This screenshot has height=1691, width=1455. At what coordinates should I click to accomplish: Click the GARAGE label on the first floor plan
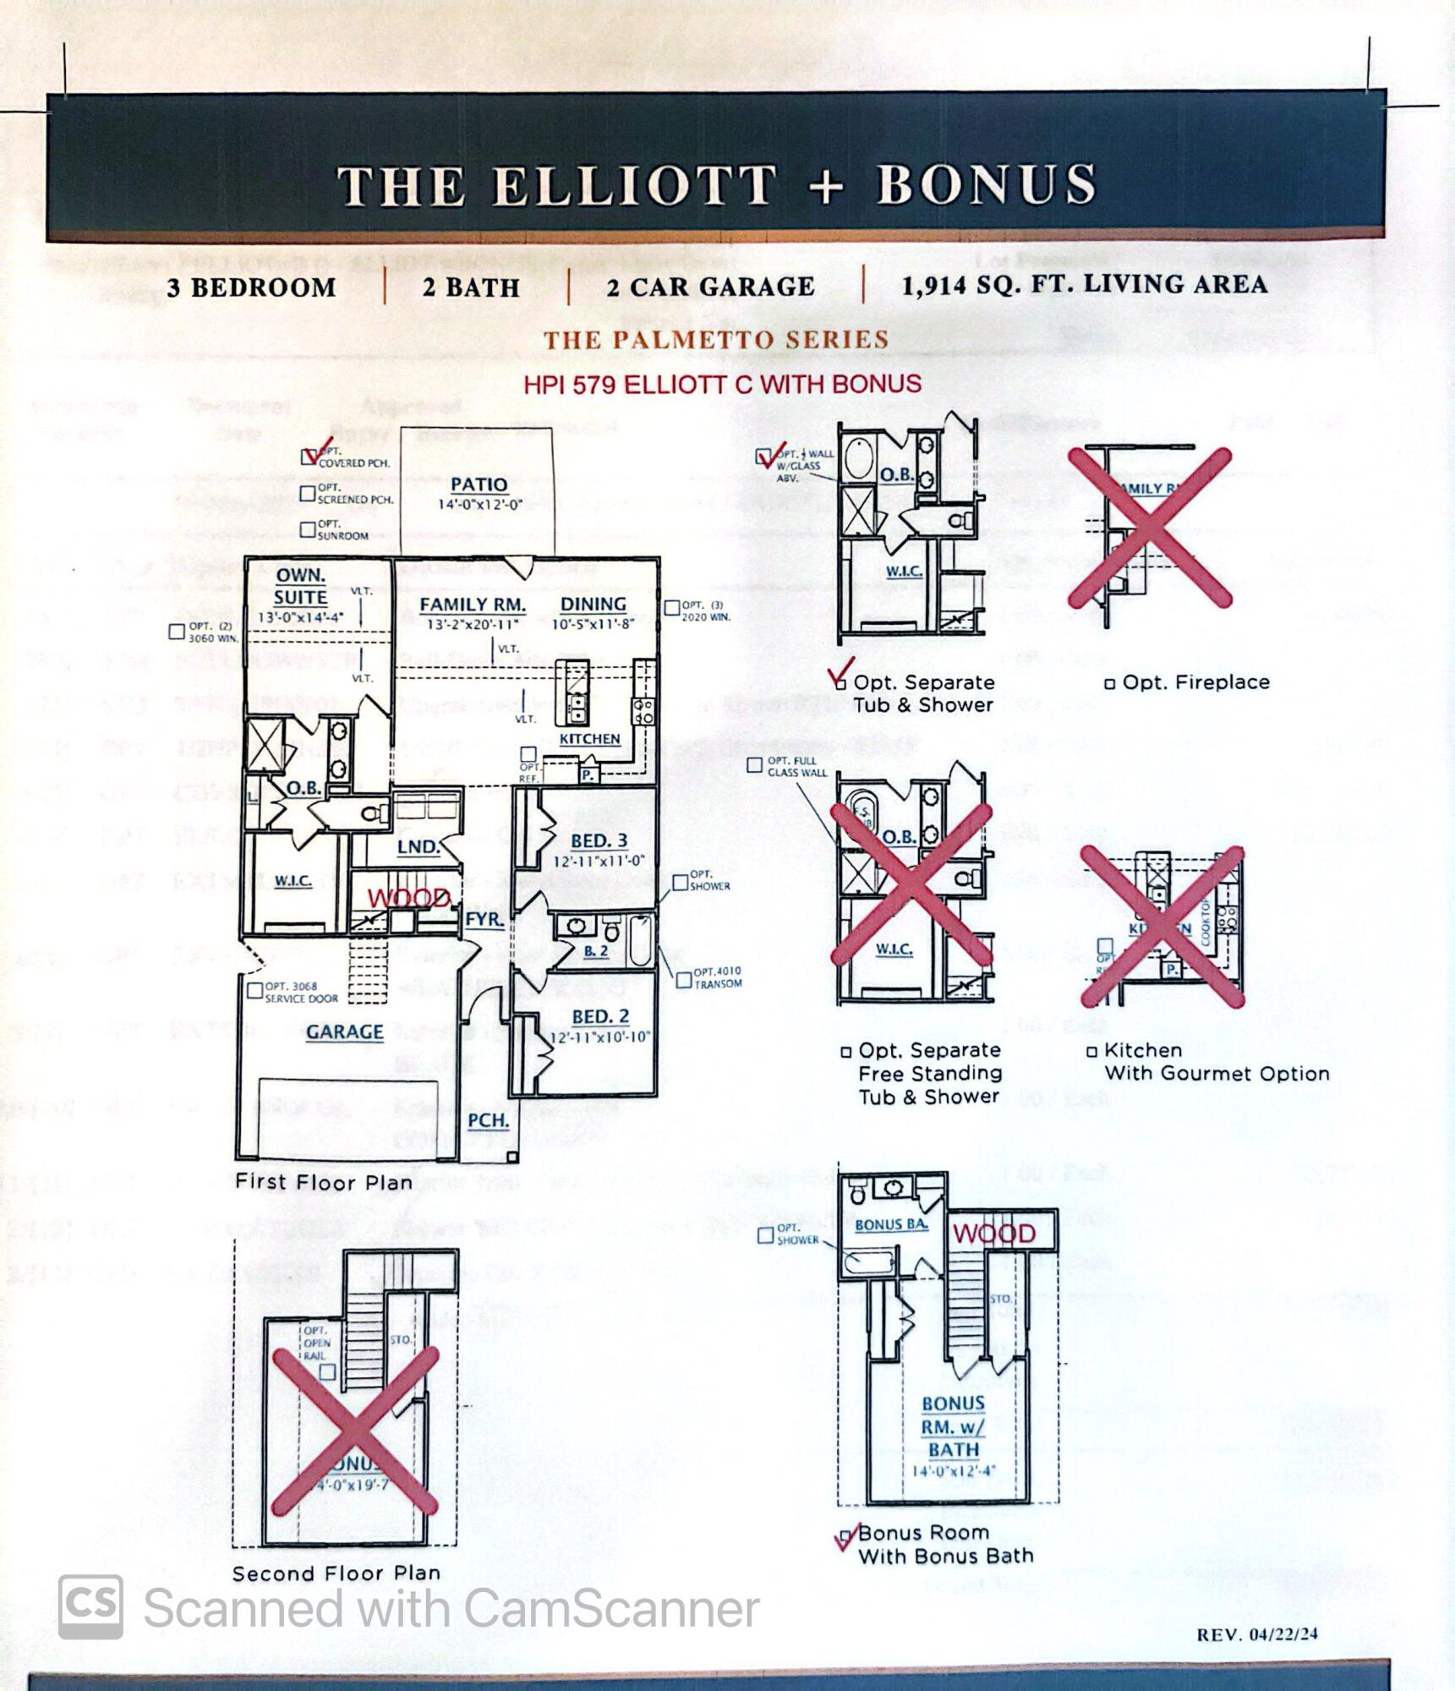pyautogui.click(x=344, y=1032)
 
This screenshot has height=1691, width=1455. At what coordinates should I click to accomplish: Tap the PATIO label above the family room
pyautogui.click(x=479, y=484)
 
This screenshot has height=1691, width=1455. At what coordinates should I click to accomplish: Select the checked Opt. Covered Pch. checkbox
pyautogui.click(x=309, y=457)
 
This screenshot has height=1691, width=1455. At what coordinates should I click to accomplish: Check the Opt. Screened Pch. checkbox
pyautogui.click(x=309, y=493)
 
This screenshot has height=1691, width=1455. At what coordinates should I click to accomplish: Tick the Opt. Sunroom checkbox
pyautogui.click(x=309, y=529)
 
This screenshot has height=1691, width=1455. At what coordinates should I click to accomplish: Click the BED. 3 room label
pyautogui.click(x=599, y=840)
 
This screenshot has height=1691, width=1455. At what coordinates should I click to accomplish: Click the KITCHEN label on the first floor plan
pyautogui.click(x=589, y=738)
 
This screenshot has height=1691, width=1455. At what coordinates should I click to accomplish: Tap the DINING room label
pyautogui.click(x=593, y=604)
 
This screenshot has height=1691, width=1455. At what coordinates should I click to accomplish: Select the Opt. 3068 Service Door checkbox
pyautogui.click(x=254, y=990)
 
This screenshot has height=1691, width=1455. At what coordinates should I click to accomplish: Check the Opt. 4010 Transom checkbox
pyautogui.click(x=683, y=980)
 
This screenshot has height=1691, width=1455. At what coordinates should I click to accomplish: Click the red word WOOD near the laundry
pyautogui.click(x=409, y=898)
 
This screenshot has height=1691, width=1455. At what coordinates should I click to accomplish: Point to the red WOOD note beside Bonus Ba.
pyautogui.click(x=994, y=1234)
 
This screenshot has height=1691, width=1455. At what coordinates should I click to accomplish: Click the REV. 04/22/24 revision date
pyautogui.click(x=1256, y=1634)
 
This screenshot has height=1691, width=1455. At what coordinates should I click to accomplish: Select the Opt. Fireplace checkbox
pyautogui.click(x=1110, y=683)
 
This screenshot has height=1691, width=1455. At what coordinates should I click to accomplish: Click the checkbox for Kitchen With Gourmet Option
pyautogui.click(x=1092, y=1052)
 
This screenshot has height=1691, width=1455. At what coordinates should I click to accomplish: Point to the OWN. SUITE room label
pyautogui.click(x=300, y=586)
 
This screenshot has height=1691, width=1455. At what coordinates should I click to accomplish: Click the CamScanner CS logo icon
pyautogui.click(x=90, y=1606)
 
